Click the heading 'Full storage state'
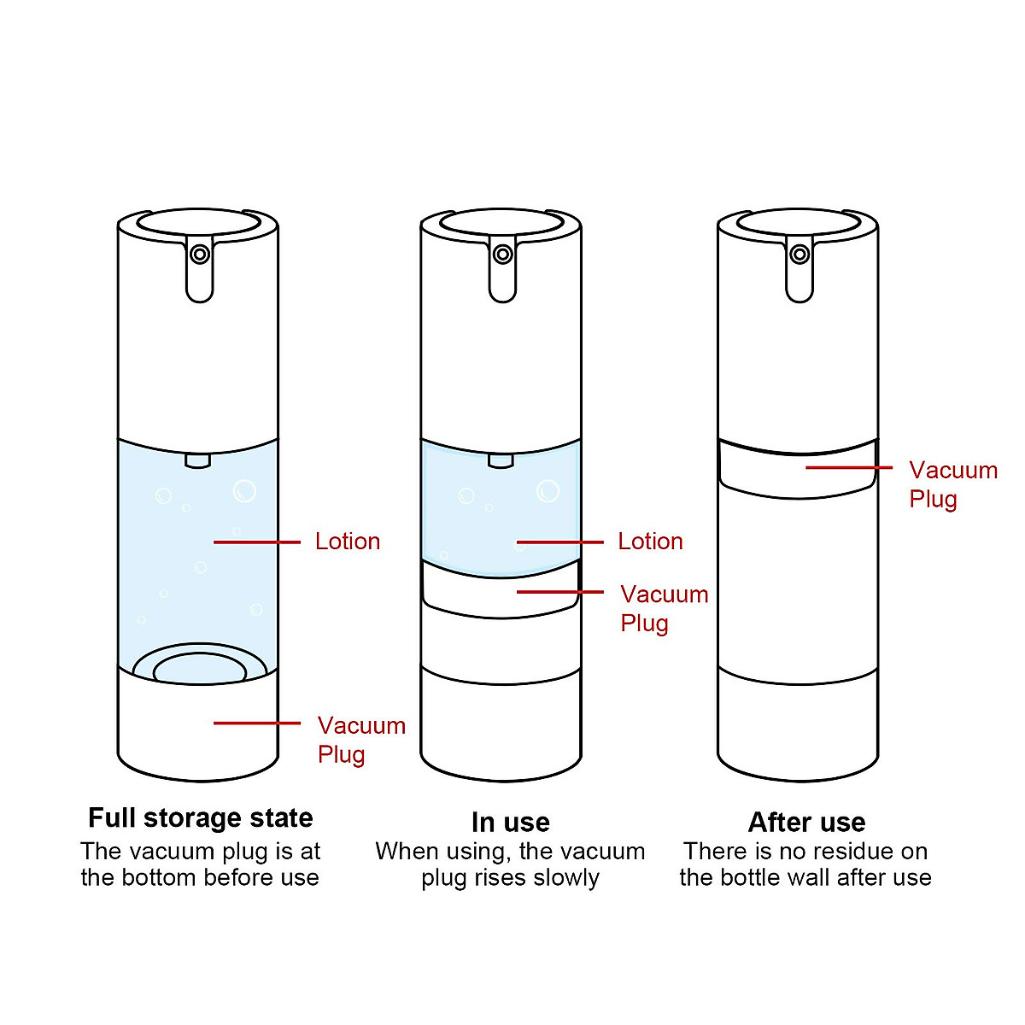tap(201, 818)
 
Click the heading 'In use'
tap(510, 823)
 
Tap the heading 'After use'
tap(806, 823)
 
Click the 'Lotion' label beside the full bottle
tap(348, 542)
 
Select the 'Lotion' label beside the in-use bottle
tap(650, 542)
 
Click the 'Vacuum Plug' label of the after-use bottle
tap(952, 484)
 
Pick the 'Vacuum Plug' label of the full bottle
tap(360, 740)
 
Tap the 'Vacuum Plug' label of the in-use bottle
tap(664, 608)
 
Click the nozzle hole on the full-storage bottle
tap(200, 255)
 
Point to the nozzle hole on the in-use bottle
tap(503, 255)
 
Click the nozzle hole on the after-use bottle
tap(800, 255)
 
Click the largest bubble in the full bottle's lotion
tap(244, 490)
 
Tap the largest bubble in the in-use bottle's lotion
tap(548, 490)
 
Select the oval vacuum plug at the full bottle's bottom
tap(200, 665)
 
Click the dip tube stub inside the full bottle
tap(198, 461)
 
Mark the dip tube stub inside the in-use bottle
tap(501, 461)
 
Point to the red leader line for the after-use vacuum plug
tap(848, 467)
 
